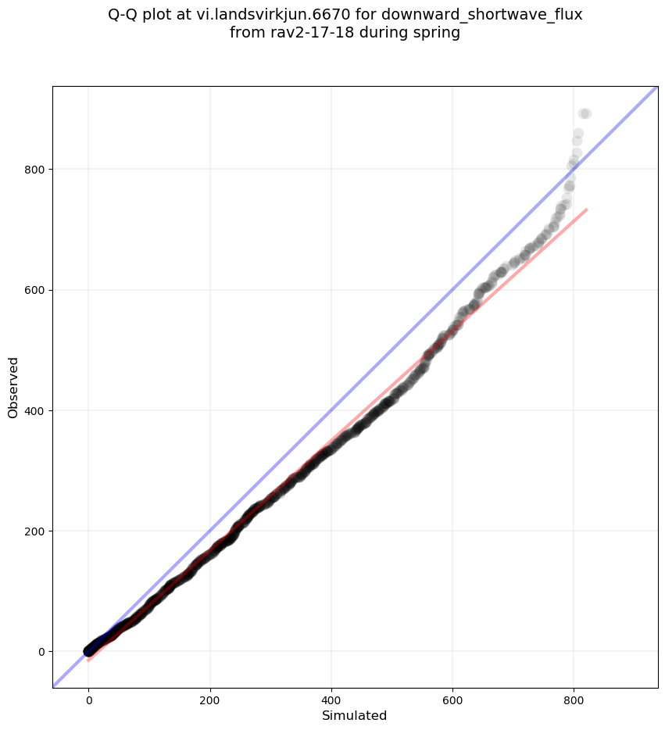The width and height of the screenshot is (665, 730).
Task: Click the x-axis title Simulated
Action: point(355,715)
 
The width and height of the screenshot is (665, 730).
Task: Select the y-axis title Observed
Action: point(14,387)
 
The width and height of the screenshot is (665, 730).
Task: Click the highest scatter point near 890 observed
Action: point(585,114)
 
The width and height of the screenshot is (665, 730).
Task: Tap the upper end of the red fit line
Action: point(586,209)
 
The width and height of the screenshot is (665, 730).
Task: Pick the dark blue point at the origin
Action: point(89,651)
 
